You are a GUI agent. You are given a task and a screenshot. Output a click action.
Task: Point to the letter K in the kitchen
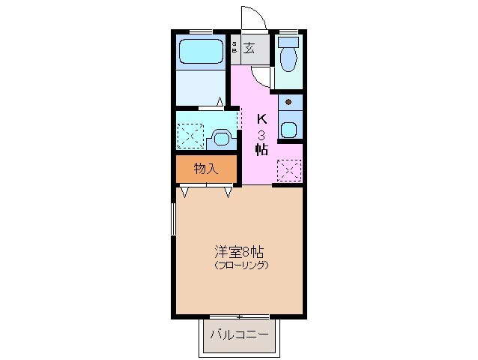(261, 118)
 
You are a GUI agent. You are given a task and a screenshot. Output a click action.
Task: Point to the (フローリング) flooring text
(240, 266)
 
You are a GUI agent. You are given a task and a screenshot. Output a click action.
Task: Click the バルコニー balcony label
(238, 334)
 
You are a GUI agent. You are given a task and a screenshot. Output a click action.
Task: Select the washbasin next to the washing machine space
(220, 137)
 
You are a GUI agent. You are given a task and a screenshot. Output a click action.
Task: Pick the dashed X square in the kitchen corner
(288, 170)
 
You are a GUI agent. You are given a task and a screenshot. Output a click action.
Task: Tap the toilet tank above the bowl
(288, 40)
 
